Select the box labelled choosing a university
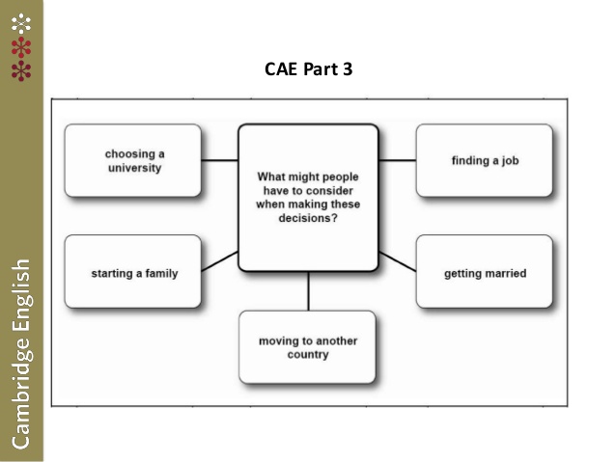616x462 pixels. point(133,160)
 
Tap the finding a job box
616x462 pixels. point(484,160)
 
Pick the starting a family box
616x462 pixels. point(133,272)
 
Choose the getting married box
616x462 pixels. point(484,272)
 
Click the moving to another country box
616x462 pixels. point(307,347)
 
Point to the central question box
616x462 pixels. point(308,198)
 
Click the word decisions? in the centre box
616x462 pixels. point(308,218)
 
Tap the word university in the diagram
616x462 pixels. point(134,168)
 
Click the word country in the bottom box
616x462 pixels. point(307,355)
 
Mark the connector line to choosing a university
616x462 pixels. point(220,160)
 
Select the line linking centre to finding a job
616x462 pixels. point(397,160)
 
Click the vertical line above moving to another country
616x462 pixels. point(308,290)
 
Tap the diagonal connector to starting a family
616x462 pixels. point(220,261)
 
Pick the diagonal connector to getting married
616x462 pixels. point(397,261)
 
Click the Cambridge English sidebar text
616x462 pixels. point(20,352)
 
